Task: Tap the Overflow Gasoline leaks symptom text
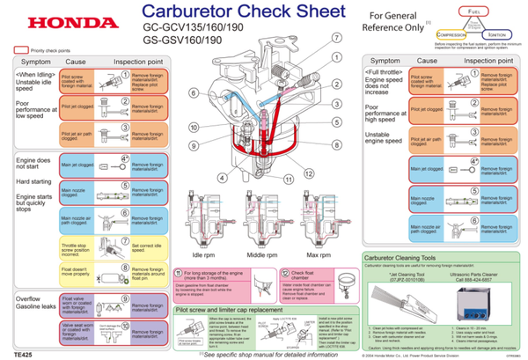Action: (36, 305)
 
